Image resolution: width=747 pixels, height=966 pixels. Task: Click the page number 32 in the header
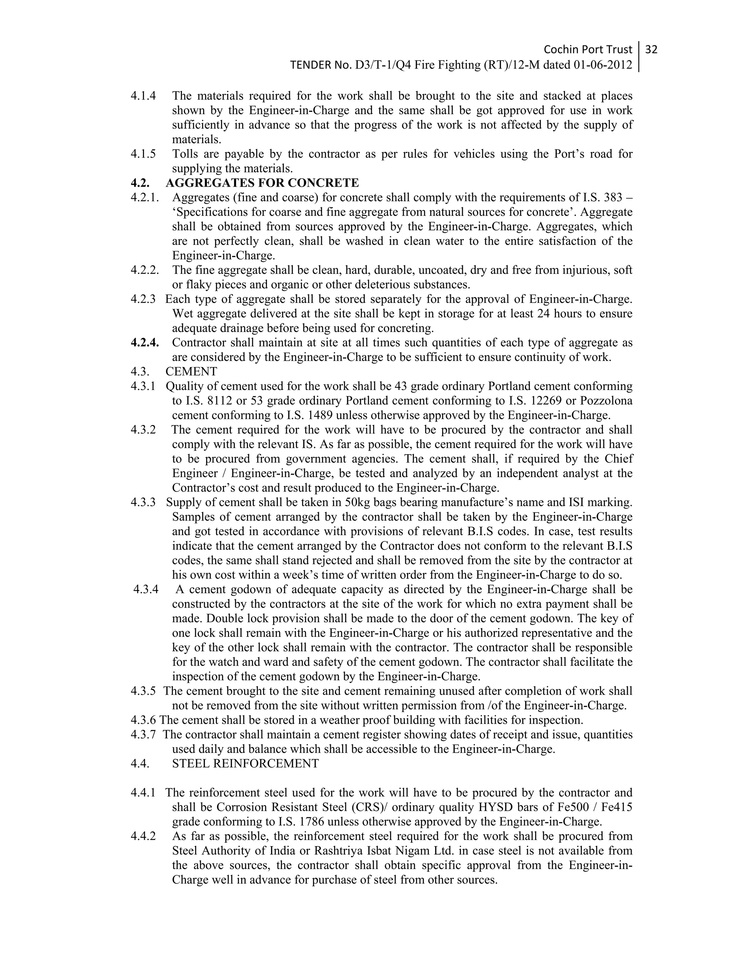tap(651, 49)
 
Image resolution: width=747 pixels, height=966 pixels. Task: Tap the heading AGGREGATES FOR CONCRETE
tap(262, 183)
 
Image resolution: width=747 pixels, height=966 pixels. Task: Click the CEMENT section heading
tap(191, 371)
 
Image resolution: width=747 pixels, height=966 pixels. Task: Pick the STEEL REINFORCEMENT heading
tap(245, 763)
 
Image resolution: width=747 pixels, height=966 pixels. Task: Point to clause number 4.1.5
tap(143, 154)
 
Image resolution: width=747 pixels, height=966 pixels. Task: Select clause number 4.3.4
tap(146, 589)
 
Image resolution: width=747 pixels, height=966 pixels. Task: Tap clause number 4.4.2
tap(143, 836)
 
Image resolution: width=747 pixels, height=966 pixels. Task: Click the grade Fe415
tap(616, 807)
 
